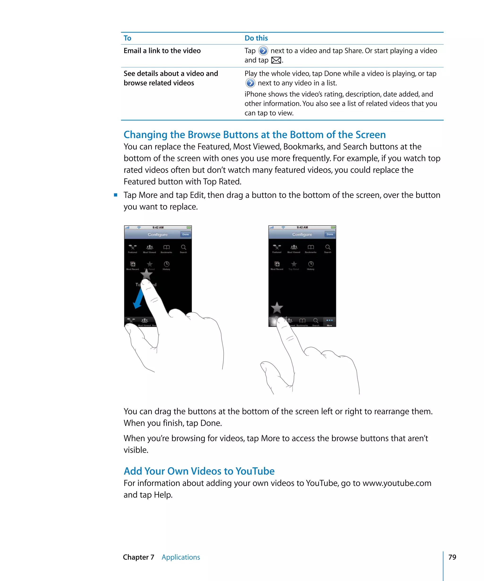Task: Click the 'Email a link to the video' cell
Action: [x=162, y=51]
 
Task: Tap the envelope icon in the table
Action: [x=276, y=60]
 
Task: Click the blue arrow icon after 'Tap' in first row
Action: [x=263, y=51]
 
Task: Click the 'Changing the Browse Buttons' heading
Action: [x=255, y=135]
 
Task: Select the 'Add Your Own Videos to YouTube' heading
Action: [x=199, y=471]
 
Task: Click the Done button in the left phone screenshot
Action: [x=185, y=234]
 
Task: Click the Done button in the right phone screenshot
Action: [x=330, y=234]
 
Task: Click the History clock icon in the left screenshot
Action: [x=167, y=264]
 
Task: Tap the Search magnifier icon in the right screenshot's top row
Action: [x=328, y=247]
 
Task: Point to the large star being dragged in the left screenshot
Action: [x=146, y=274]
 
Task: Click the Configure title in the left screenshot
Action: [x=158, y=234]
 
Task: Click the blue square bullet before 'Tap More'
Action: [x=116, y=195]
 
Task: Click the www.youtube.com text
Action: [x=397, y=483]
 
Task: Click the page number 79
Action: [x=452, y=557]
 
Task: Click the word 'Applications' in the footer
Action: [x=181, y=557]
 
